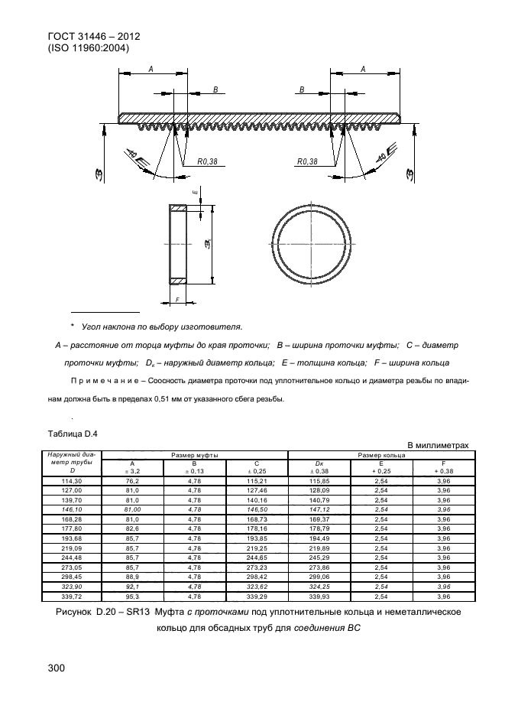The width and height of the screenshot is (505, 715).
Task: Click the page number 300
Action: pyautogui.click(x=57, y=668)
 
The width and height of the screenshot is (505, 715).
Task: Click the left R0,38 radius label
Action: pyautogui.click(x=207, y=161)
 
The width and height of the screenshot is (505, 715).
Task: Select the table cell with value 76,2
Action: pyautogui.click(x=133, y=479)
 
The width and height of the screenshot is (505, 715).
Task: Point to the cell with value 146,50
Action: pyautogui.click(x=257, y=508)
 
